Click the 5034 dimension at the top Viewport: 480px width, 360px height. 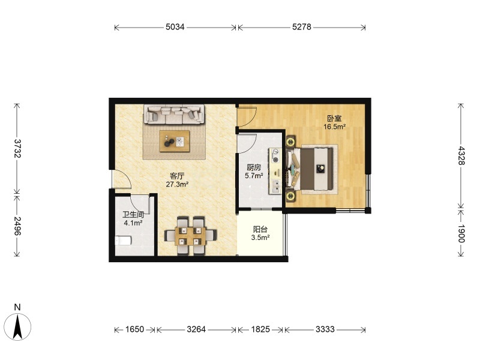[x=175, y=27]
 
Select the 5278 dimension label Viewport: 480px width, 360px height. [x=302, y=27]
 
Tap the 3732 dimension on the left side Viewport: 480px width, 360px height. [x=17, y=148]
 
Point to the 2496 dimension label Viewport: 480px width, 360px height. [x=17, y=226]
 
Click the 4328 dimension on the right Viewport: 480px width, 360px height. [x=461, y=156]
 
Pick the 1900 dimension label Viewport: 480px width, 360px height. [x=461, y=233]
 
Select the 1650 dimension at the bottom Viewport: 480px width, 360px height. [x=134, y=329]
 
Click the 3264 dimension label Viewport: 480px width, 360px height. [x=196, y=329]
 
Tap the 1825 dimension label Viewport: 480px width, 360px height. [x=260, y=329]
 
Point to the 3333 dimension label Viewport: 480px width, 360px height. [x=325, y=329]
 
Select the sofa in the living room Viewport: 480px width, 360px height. [x=174, y=115]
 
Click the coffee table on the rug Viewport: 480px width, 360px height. [x=174, y=141]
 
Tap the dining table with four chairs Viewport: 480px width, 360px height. [x=190, y=236]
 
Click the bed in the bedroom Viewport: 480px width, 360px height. [x=312, y=169]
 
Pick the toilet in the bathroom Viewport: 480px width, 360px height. [x=123, y=241]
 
